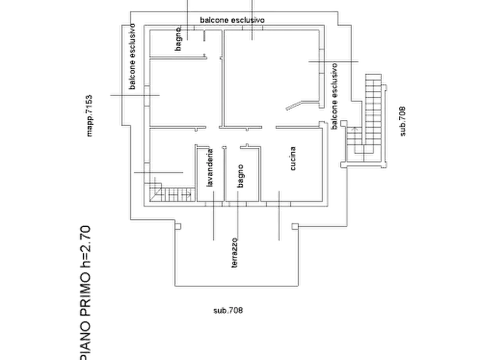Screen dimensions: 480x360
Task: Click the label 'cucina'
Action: (293, 159)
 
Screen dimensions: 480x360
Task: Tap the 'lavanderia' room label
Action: (210, 168)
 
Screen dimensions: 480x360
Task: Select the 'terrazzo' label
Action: (234, 253)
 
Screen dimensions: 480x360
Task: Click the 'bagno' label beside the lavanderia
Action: (241, 176)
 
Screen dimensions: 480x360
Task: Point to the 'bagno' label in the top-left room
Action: (178, 39)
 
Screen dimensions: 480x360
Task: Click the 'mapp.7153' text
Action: (89, 116)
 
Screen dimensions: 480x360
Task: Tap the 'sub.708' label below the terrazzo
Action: (228, 311)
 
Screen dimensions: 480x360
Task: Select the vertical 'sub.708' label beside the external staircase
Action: (403, 121)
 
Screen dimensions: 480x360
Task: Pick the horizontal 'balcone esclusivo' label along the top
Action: (232, 20)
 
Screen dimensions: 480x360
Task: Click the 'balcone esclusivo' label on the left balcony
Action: (132, 56)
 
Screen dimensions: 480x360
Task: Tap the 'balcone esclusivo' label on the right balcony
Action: (334, 96)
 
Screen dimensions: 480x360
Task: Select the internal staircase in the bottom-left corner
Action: (172, 192)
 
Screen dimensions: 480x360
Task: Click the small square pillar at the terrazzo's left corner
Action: (178, 227)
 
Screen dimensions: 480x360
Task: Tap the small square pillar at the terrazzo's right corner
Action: (295, 227)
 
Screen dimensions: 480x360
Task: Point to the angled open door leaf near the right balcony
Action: (294, 106)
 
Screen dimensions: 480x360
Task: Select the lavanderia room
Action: (211, 174)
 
